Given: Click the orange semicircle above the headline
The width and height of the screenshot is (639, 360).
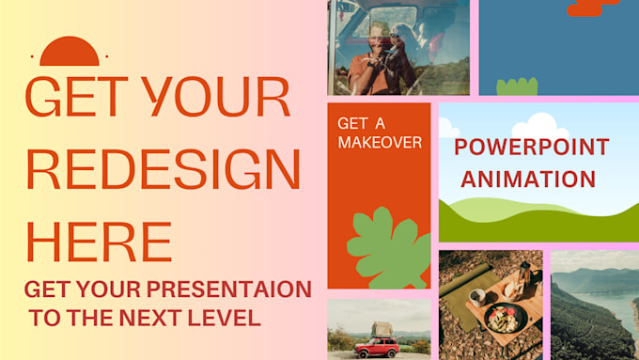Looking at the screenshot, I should click(70, 53).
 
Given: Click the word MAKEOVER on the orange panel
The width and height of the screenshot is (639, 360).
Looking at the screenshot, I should click(380, 143).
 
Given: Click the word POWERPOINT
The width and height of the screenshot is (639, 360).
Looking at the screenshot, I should click(531, 147).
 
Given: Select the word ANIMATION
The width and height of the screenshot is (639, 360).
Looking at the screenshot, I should click(528, 179).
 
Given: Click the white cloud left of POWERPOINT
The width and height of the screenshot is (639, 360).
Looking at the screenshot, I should click(448, 129).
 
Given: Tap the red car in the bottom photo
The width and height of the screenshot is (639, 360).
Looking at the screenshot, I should click(376, 349).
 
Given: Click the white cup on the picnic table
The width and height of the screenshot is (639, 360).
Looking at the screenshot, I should click(476, 296).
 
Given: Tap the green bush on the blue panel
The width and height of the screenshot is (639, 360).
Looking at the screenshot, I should click(517, 86).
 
